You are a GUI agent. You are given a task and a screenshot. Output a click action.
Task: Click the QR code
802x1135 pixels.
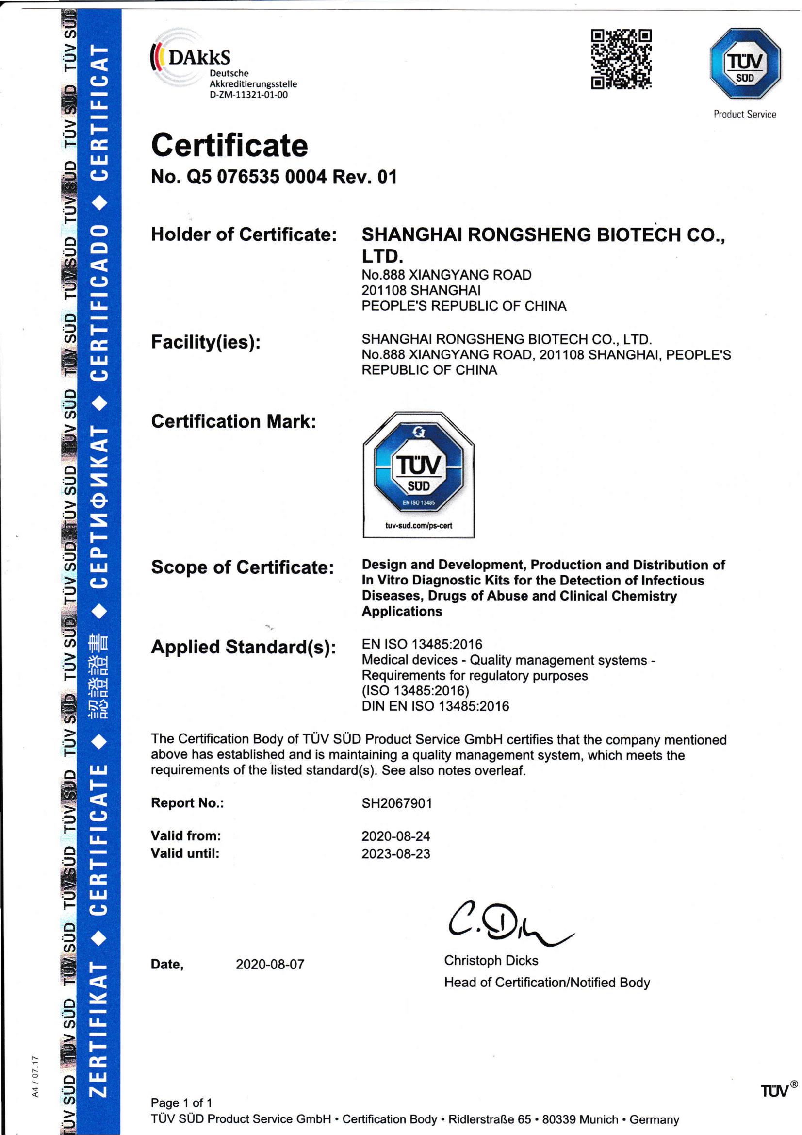coord(621,59)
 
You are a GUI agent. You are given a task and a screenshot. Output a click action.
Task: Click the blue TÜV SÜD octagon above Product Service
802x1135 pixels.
coord(745,64)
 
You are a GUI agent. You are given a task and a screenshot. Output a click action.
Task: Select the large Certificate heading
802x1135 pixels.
coord(230,145)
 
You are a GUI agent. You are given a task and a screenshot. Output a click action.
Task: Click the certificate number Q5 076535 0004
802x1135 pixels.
coord(257,177)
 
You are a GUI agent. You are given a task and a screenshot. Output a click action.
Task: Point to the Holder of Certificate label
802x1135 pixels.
coord(244,234)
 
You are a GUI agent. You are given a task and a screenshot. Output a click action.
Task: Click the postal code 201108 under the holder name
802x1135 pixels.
coord(383,290)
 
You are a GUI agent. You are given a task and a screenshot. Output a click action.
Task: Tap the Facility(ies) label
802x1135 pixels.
coord(206,342)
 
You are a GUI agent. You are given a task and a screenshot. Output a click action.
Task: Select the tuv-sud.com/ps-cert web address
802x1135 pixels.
coord(419,525)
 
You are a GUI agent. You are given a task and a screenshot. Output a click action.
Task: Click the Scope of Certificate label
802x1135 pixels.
coord(243,567)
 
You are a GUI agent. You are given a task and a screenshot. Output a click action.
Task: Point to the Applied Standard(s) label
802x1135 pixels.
coord(244,647)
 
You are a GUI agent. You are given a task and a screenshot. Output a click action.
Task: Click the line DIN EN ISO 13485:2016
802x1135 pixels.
coord(435,706)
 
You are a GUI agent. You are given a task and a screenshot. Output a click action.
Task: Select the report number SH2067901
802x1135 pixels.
coord(397,803)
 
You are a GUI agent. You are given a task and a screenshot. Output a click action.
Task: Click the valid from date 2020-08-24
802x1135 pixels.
coord(396,836)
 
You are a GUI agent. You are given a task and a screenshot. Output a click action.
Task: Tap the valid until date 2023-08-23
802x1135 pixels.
coord(396,853)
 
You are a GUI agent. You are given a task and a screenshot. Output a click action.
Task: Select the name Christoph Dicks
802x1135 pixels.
coord(491,960)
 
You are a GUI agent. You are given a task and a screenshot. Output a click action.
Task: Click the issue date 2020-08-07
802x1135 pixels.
coord(270,964)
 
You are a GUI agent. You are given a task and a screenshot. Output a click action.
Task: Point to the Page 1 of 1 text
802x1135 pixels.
coord(181,1102)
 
